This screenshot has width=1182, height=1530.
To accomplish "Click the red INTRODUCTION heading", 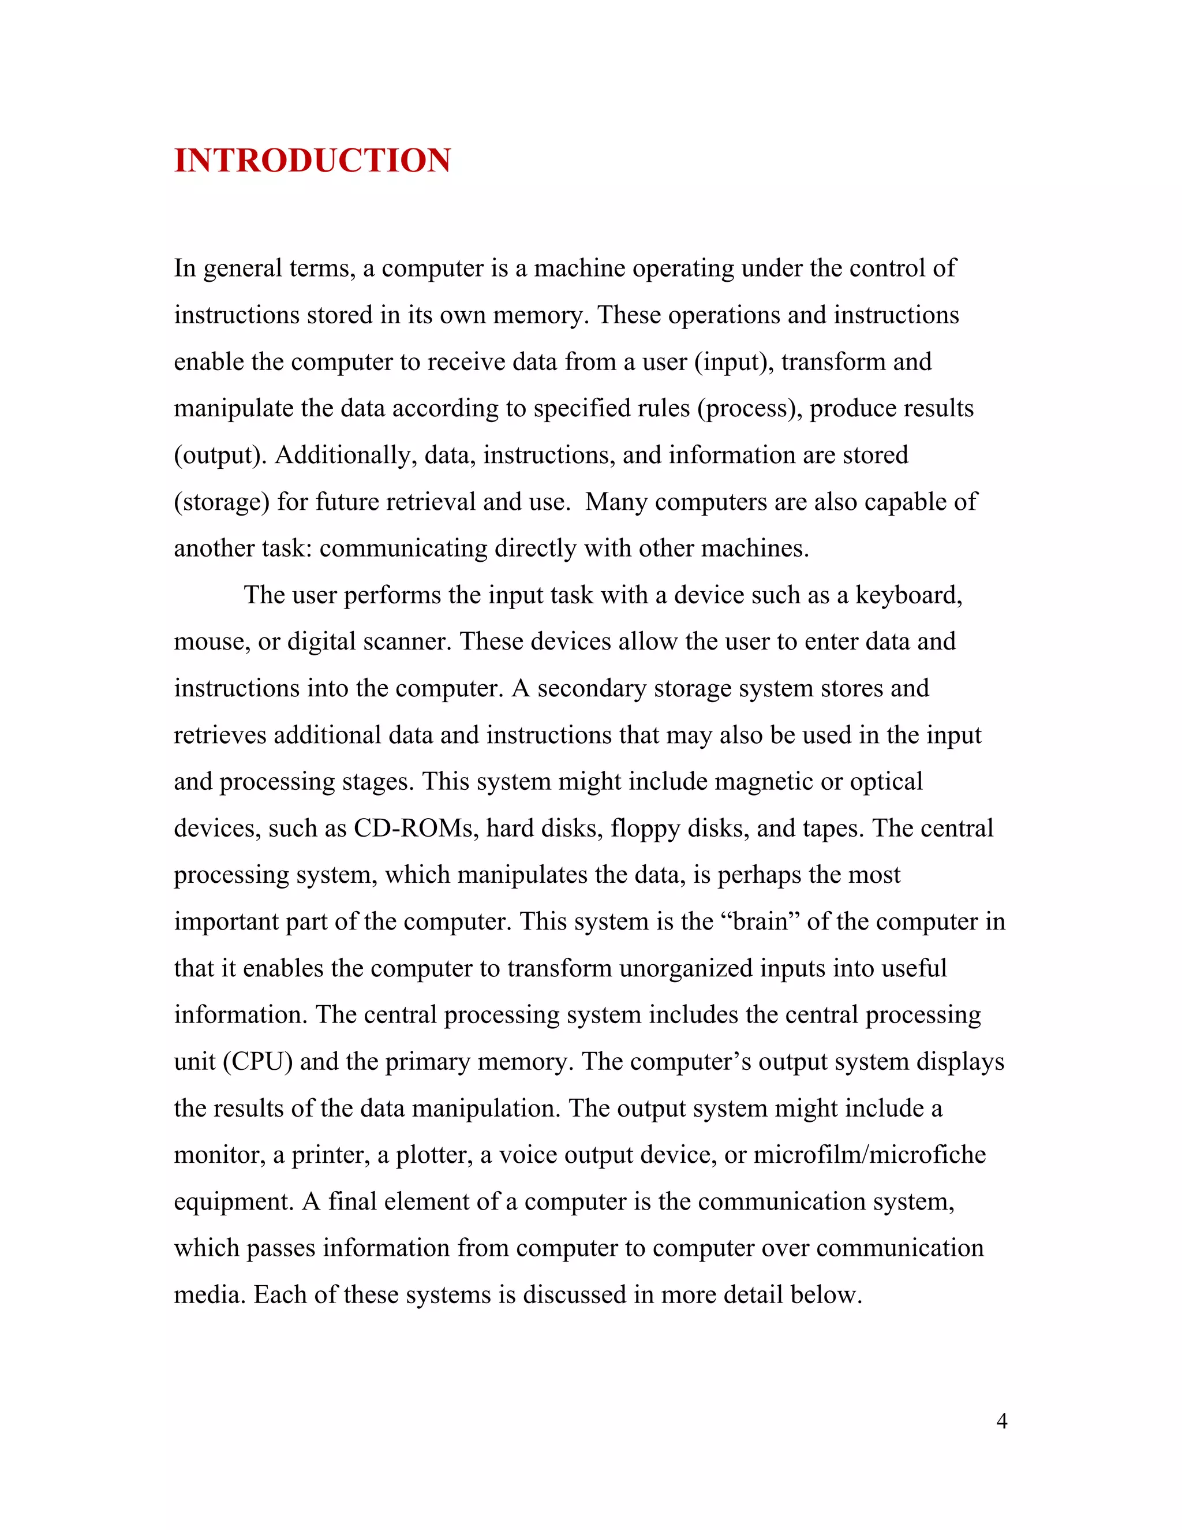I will [x=312, y=161].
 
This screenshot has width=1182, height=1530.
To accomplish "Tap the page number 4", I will [x=1001, y=1421].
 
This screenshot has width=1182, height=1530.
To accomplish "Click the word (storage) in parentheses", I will [x=221, y=502].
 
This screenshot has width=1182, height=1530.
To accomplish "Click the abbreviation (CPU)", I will [x=257, y=1062].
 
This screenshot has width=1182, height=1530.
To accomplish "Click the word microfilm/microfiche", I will [x=869, y=1155].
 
